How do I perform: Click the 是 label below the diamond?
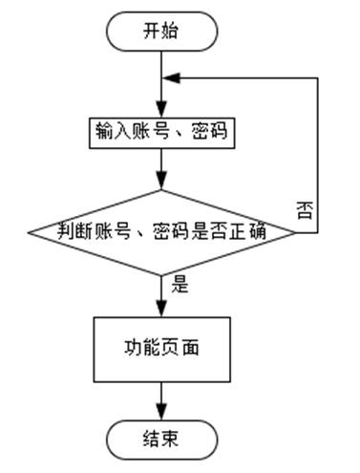[x=179, y=284]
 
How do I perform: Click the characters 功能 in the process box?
[x=141, y=347]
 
